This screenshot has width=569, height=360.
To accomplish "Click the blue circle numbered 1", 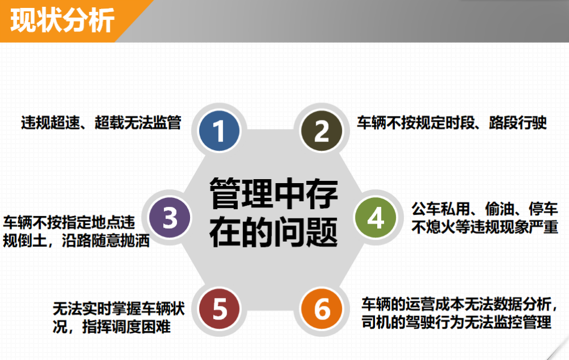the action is pyautogui.click(x=219, y=130).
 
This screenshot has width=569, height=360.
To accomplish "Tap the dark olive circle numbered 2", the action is pyautogui.click(x=321, y=130).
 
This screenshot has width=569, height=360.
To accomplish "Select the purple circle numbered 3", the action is pyautogui.click(x=170, y=217).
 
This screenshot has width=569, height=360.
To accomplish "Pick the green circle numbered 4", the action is pyautogui.click(x=376, y=217).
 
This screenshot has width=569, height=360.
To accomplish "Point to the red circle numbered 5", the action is pyautogui.click(x=219, y=308).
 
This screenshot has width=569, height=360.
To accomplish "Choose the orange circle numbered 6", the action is pyautogui.click(x=321, y=308).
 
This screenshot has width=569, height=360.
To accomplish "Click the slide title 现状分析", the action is pyautogui.click(x=63, y=20).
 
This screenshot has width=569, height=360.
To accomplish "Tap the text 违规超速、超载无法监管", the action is pyautogui.click(x=101, y=122).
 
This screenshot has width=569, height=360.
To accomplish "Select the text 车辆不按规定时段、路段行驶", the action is pyautogui.click(x=452, y=122).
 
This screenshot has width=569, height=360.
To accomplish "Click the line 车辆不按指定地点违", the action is pyautogui.click(x=69, y=222).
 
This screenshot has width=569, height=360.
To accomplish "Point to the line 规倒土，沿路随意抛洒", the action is pyautogui.click(x=76, y=241).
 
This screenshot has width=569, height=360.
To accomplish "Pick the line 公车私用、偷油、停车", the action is pyautogui.click(x=484, y=209).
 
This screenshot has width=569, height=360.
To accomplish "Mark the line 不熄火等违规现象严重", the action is pyautogui.click(x=485, y=227).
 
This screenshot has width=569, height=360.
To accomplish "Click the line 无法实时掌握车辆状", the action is pyautogui.click(x=119, y=308).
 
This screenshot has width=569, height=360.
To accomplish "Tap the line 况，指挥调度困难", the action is pyautogui.click(x=112, y=326).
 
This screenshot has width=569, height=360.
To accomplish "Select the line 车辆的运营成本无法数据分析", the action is pyautogui.click(x=459, y=304).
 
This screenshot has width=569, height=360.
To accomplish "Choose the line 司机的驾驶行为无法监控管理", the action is pyautogui.click(x=456, y=322).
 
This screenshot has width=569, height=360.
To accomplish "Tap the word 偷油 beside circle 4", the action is pyautogui.click(x=500, y=209).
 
